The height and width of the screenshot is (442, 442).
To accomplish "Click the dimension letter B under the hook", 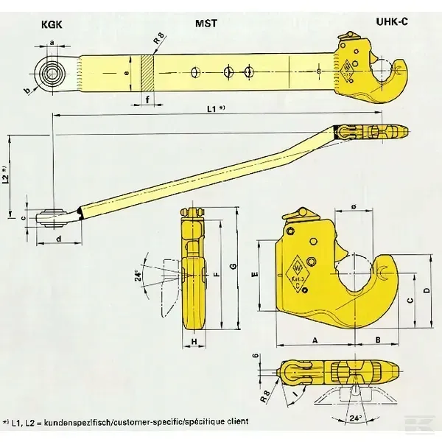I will click(377, 340).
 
